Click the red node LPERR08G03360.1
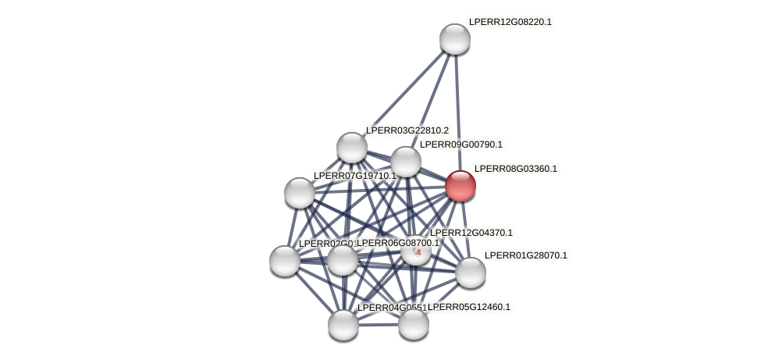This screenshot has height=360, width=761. point(461,186)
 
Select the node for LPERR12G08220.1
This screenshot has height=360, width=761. point(454,39)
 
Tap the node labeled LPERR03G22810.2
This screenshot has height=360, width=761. point(352,148)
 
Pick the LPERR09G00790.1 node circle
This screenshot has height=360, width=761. point(406,162)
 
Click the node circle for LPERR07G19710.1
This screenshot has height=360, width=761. point(300,192)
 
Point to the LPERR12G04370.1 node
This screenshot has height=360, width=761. point(416,250)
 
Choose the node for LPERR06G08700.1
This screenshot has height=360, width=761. point(343,260)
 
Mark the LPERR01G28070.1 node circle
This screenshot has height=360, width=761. point(471,273)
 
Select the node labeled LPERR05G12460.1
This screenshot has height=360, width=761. point(414,324)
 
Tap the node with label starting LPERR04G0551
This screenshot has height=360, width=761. point(343,325)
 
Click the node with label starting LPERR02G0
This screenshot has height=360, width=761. point(285,261)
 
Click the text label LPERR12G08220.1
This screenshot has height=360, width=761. point(510,22)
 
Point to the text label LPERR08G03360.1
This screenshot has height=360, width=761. point(515,169)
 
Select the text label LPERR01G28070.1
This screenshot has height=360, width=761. point(525,255)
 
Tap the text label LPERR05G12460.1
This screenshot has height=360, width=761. point(469,307)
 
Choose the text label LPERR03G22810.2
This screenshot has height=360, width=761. point(407,130)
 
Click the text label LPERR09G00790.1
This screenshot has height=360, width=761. point(461,144)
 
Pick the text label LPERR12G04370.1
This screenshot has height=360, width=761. point(471,233)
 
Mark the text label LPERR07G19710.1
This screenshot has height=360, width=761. point(354,176)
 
